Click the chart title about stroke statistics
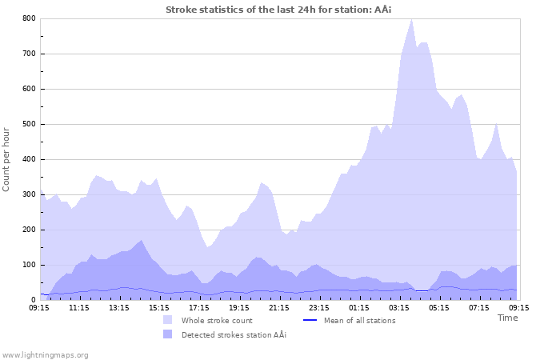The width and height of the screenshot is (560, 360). [279, 10]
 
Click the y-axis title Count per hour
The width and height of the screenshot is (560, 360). [7, 158]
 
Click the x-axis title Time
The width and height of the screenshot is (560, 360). [507, 318]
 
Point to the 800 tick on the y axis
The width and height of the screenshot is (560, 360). [29, 18]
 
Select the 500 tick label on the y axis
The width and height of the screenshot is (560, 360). [29, 124]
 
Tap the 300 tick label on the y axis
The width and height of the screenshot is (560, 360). [29, 194]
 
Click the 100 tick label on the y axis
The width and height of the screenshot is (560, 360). [29, 265]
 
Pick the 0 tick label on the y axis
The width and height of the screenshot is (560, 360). [33, 300]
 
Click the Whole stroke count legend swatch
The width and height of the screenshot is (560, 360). [167, 320]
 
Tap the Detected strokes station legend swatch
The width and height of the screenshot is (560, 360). [167, 334]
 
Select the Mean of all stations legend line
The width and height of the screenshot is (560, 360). [311, 320]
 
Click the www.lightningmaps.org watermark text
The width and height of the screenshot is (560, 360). [45, 354]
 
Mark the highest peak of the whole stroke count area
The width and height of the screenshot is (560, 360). [411, 19]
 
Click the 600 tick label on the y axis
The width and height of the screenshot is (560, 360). [29, 89]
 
